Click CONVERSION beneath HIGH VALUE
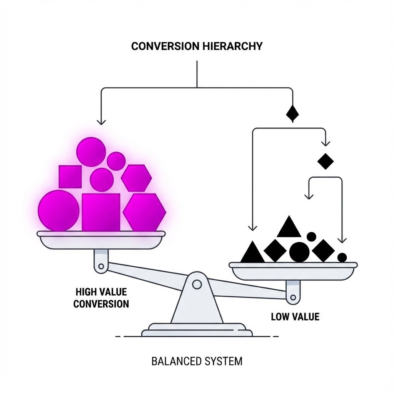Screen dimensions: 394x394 coord(101,304)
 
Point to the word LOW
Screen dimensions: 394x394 coord(280,317)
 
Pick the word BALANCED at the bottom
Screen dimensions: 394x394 coord(176,362)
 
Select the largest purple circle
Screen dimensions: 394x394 coord(58,210)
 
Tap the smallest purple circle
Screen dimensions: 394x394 coord(116,161)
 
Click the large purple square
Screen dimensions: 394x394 coord(101,212)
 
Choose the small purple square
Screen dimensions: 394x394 coord(70,177)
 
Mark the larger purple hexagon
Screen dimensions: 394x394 coord(144,212)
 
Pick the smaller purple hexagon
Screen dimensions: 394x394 coord(136,178)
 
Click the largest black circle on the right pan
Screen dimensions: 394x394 coord(299,252)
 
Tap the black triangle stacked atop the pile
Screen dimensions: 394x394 coord(289,228)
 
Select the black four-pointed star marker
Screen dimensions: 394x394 coord(292,113)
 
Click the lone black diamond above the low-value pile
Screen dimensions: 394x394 coord(326,161)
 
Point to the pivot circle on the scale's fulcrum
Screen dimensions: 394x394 coord(197,284)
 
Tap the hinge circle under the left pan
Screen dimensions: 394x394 coord(101,265)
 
